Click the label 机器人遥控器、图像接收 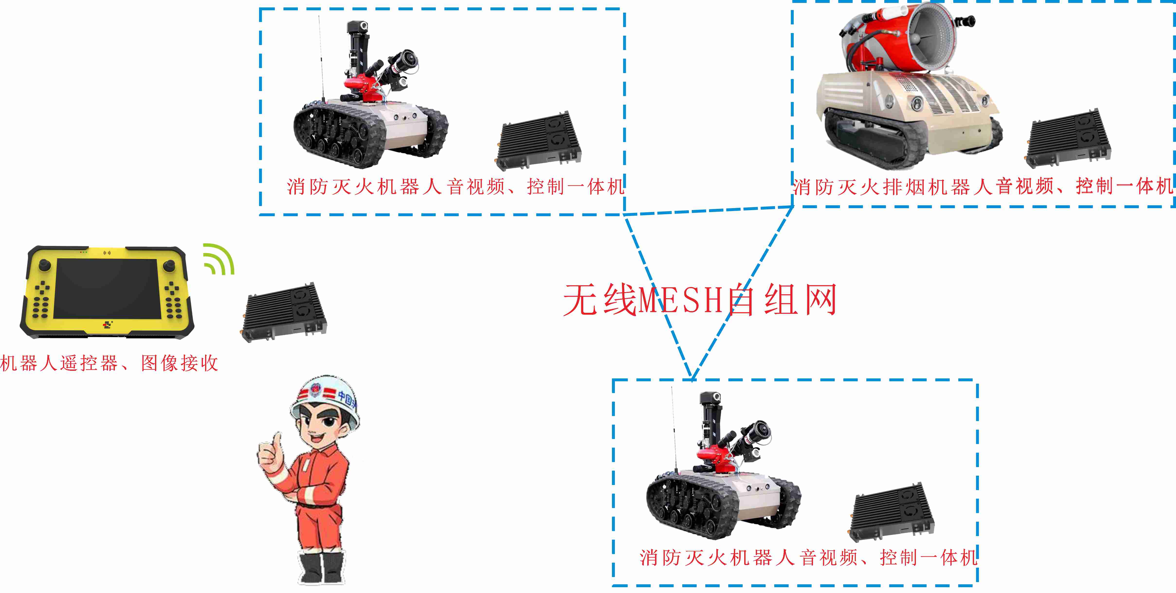[109, 363]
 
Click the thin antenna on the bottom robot [674, 429]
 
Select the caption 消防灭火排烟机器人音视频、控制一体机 [983, 187]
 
